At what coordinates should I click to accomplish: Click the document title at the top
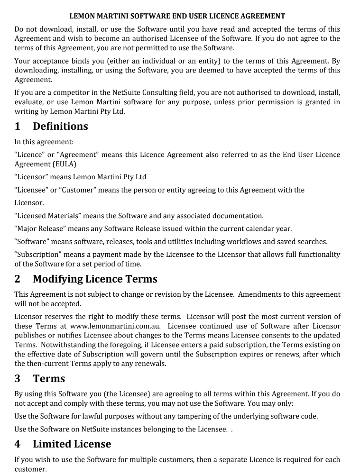[177, 16]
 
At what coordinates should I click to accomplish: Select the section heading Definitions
[60, 126]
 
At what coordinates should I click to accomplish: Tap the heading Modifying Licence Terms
[95, 279]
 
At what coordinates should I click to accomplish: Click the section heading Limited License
[72, 444]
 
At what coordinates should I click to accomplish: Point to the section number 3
[18, 379]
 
